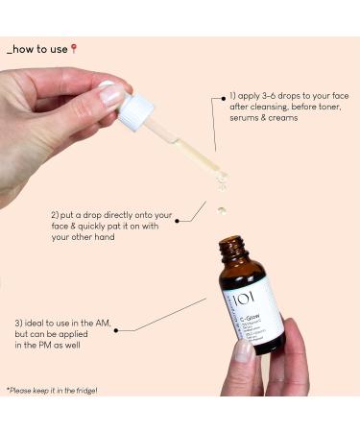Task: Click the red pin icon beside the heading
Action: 73,48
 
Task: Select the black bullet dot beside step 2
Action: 205,201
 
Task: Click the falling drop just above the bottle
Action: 222,209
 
